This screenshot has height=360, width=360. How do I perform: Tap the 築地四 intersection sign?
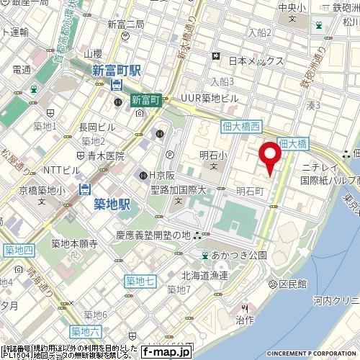[x=19, y=250]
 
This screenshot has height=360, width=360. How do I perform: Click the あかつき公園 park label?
[x=240, y=255]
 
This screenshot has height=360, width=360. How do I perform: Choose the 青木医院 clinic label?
[x=105, y=155]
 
